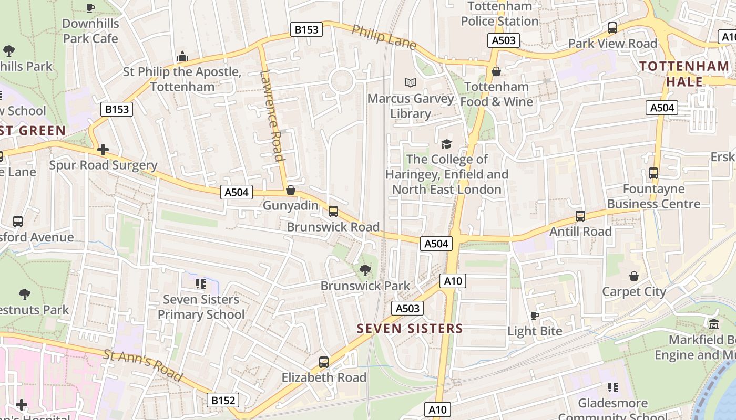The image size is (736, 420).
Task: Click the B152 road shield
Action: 223,401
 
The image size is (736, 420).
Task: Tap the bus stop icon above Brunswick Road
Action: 333,212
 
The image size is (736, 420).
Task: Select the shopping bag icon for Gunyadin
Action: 290,190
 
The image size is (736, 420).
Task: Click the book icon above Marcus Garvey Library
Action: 411,83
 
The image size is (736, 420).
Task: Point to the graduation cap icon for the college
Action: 446,144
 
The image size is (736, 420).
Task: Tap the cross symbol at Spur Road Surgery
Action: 103,150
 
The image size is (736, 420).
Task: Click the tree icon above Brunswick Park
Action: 364,270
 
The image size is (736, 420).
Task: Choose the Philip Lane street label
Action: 384,37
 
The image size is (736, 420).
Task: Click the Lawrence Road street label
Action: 272,115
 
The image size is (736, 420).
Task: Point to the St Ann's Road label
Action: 143,365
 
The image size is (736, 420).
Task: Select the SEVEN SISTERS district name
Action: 410,329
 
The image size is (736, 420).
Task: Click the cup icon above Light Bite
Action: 535,316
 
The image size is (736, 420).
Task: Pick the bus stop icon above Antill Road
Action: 580,216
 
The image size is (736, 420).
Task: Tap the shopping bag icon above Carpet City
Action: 634,276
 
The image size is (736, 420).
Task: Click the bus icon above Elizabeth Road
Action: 324,362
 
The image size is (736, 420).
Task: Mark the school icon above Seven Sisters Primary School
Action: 200,284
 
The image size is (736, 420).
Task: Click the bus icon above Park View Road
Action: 612,28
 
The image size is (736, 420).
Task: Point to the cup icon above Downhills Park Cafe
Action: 90,8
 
